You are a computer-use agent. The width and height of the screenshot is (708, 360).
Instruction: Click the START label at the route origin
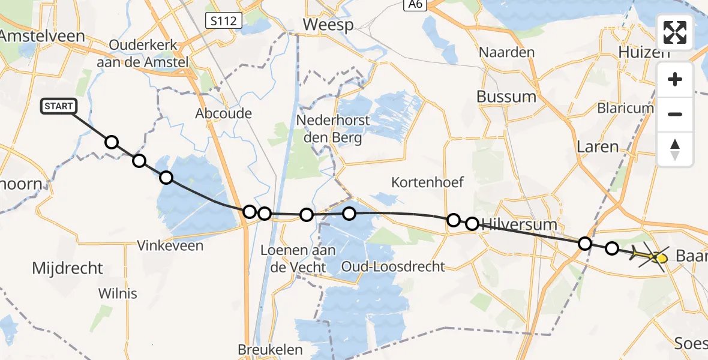pos(58,107)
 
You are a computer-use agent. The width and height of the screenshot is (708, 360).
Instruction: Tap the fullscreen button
pos(675,32)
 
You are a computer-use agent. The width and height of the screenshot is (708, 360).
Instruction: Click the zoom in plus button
pos(675,79)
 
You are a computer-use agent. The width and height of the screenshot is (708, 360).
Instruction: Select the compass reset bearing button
pos(675,149)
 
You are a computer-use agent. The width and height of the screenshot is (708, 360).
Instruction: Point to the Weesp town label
pos(328,25)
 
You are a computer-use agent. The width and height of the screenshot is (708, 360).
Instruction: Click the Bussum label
pos(506,96)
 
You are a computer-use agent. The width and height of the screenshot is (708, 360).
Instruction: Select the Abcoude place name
pos(224,113)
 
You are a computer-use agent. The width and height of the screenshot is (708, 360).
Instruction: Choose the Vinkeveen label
pos(170,245)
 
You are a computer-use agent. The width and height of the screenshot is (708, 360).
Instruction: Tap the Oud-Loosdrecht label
pos(401,266)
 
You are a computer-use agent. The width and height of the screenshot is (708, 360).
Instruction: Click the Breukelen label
pos(270,349)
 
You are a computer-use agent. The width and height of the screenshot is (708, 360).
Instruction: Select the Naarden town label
pos(506,52)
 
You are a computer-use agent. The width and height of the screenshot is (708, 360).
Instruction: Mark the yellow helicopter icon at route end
pos(650,257)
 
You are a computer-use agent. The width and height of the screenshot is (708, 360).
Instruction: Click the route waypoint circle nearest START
pos(112,142)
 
